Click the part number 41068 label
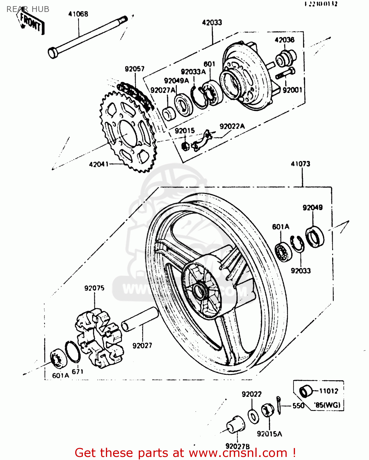(78, 14)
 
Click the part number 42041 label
(99, 164)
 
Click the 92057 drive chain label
(134, 69)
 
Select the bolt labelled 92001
(285, 74)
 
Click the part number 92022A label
(232, 126)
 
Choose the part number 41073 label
(301, 164)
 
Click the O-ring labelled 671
(73, 352)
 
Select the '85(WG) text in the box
(327, 405)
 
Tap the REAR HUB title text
(28, 9)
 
